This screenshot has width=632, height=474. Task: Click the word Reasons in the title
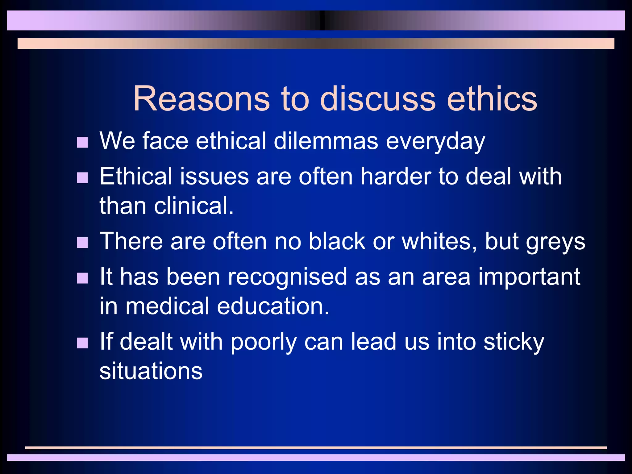coord(202,99)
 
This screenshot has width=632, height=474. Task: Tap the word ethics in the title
coord(492,99)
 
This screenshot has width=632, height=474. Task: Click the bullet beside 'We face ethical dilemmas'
coord(82,143)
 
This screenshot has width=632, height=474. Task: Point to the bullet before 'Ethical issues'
coord(82,178)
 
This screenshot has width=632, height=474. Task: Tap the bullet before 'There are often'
coord(82,243)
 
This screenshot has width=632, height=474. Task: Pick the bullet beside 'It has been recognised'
coord(82,278)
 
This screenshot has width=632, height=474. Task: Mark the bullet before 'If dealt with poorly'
coord(82,343)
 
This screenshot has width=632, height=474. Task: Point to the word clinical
coord(193,206)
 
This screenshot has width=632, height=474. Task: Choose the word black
coord(337,241)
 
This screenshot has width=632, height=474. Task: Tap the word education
coord(273,306)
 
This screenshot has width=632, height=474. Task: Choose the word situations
coord(151,371)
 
